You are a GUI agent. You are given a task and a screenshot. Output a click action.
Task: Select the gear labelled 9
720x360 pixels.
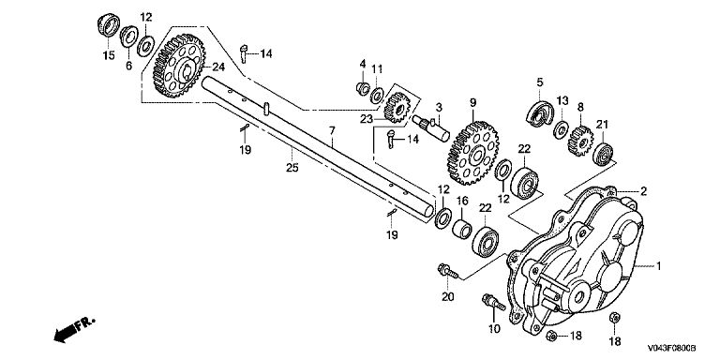[x=472, y=153]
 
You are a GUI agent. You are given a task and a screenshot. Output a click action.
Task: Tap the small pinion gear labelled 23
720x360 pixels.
[x=395, y=108]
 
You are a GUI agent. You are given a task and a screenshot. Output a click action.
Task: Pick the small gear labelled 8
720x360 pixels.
[x=581, y=141]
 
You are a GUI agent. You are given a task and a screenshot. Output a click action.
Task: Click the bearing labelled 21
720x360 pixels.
[x=603, y=154]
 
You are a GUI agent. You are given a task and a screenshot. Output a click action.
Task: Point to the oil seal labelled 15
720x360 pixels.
[x=108, y=25]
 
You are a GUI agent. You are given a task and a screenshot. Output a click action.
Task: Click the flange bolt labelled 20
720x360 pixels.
[x=449, y=271]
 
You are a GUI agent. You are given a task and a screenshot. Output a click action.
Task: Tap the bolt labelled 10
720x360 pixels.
[x=493, y=302]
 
